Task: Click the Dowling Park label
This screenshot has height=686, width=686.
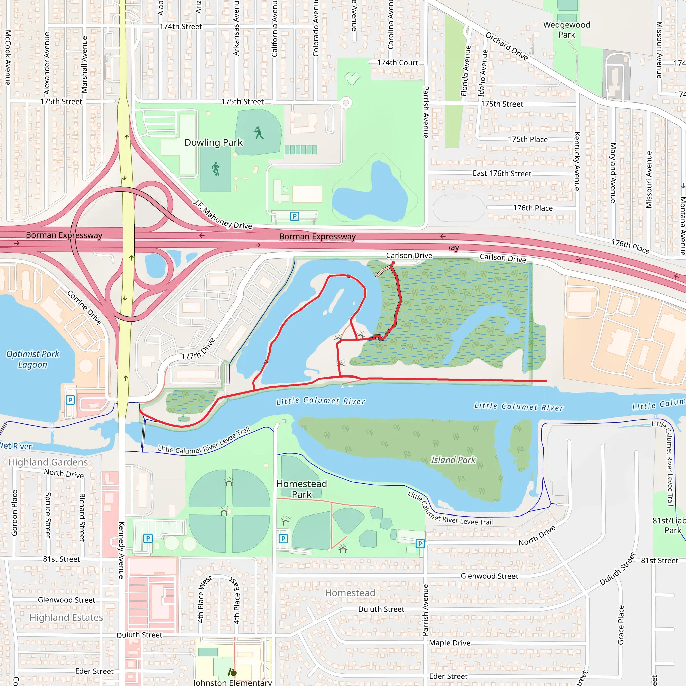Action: pyautogui.click(x=213, y=142)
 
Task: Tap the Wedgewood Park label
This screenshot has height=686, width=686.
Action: pyautogui.click(x=566, y=30)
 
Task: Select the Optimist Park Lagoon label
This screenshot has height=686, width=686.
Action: pyautogui.click(x=33, y=359)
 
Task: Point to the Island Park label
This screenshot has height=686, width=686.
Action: pyautogui.click(x=453, y=460)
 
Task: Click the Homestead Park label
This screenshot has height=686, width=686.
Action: pyautogui.click(x=301, y=489)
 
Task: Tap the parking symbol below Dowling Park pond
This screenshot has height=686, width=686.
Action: pyautogui.click(x=294, y=216)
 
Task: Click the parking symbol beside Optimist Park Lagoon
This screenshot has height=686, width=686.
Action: pyautogui.click(x=70, y=400)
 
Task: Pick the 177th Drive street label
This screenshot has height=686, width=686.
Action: pyautogui.click(x=198, y=349)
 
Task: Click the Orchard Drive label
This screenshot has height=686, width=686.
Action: pyautogui.click(x=506, y=47)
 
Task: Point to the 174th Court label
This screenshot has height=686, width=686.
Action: pyautogui.click(x=397, y=63)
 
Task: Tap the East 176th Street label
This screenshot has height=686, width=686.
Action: pyautogui.click(x=501, y=173)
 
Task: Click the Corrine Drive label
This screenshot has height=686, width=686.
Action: pyautogui.click(x=84, y=307)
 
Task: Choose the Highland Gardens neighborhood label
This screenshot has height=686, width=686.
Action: pyautogui.click(x=48, y=462)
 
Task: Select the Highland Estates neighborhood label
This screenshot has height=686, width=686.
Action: pyautogui.click(x=66, y=617)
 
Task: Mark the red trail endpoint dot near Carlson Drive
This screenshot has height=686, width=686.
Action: pyautogui.click(x=393, y=263)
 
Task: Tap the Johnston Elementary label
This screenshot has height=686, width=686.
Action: pyautogui.click(x=232, y=682)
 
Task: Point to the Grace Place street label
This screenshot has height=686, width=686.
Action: pyautogui.click(x=621, y=625)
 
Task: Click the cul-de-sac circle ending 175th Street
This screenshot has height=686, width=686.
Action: pyautogui.click(x=346, y=103)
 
